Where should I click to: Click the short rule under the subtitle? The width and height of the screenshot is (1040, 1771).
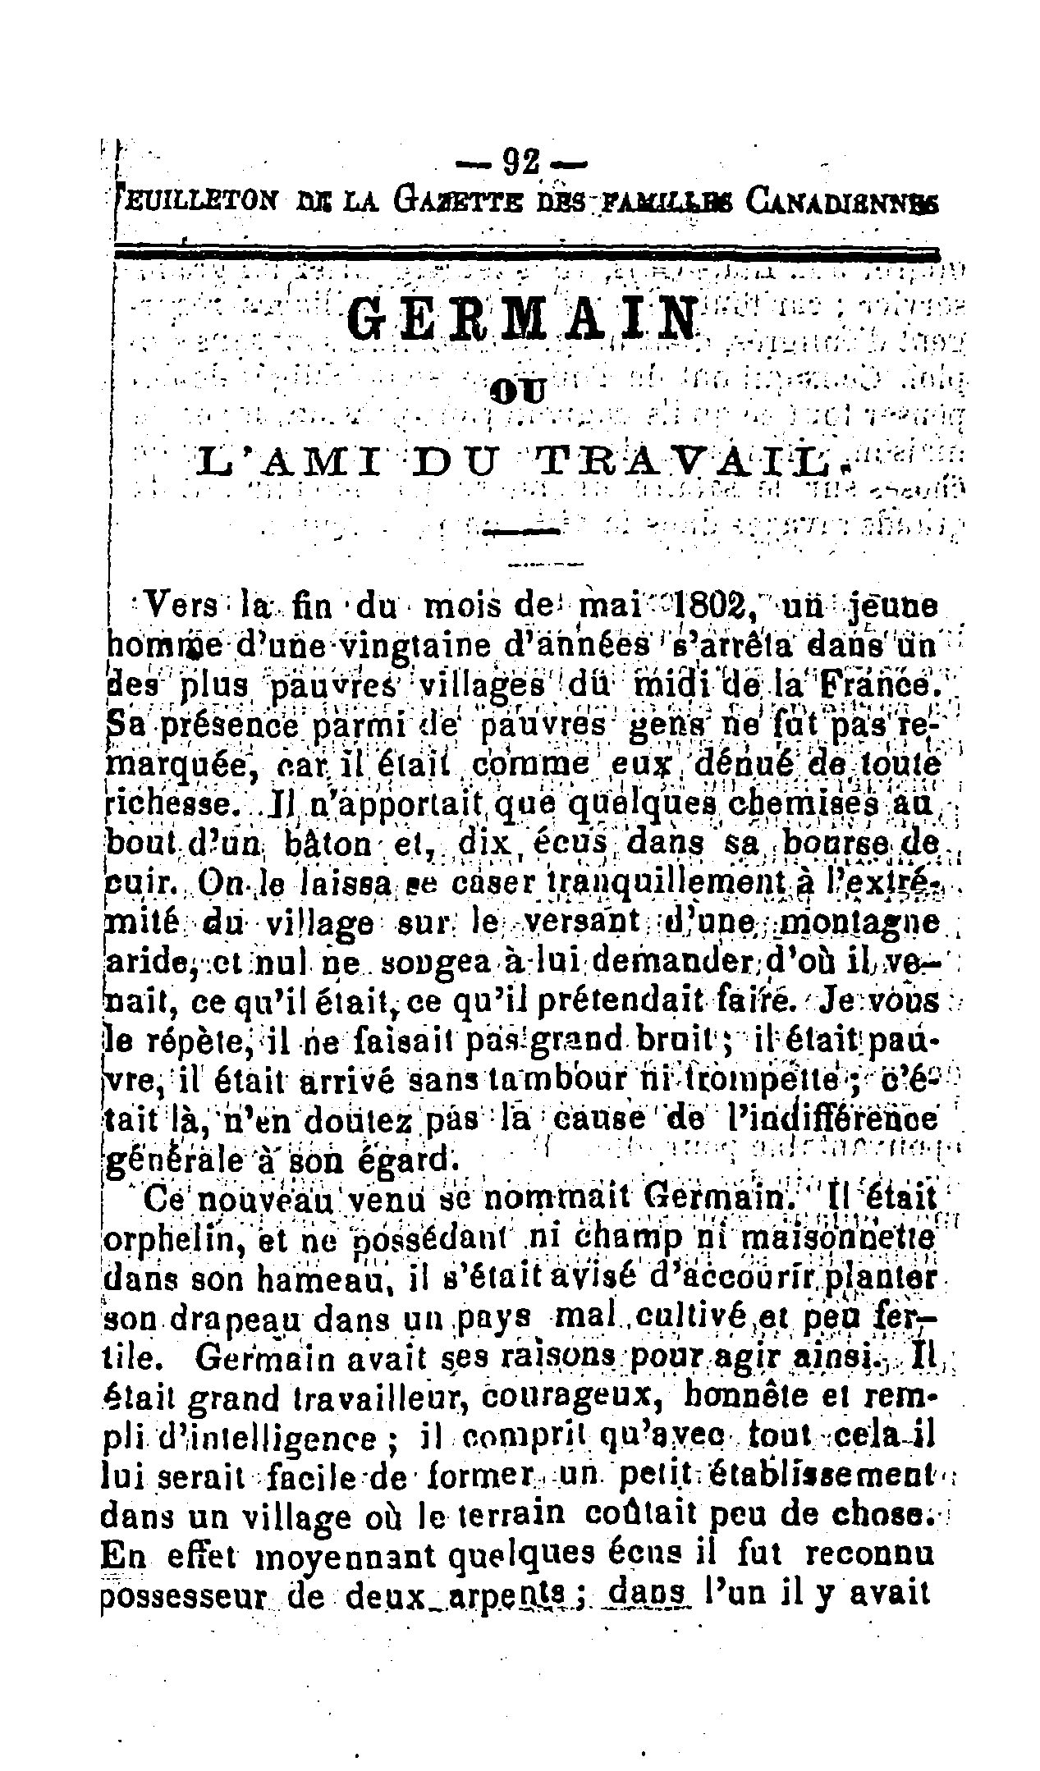[522, 531]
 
